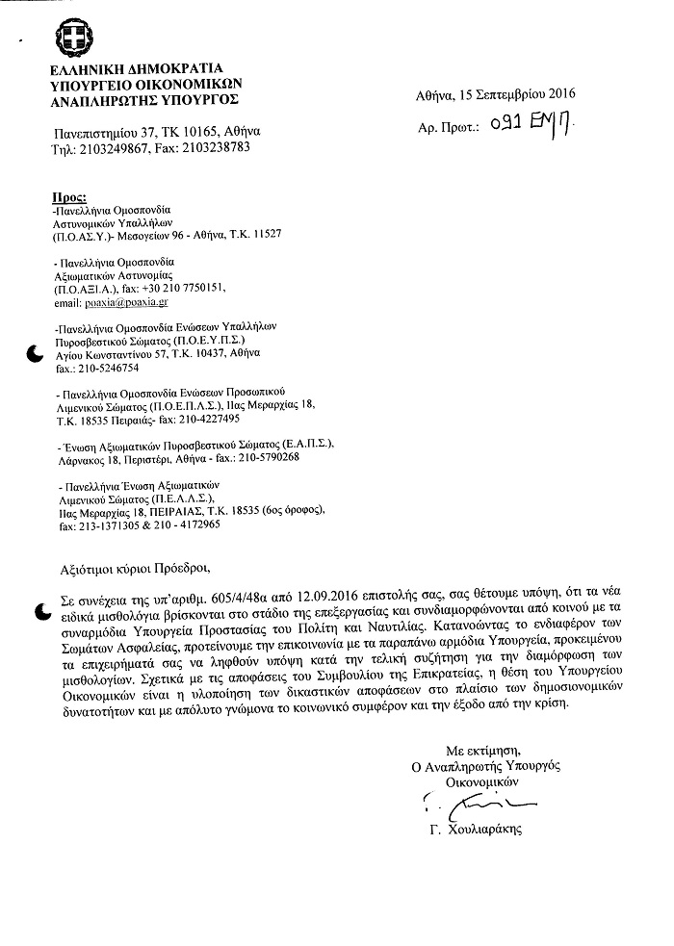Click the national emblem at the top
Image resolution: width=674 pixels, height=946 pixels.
[75, 39]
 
